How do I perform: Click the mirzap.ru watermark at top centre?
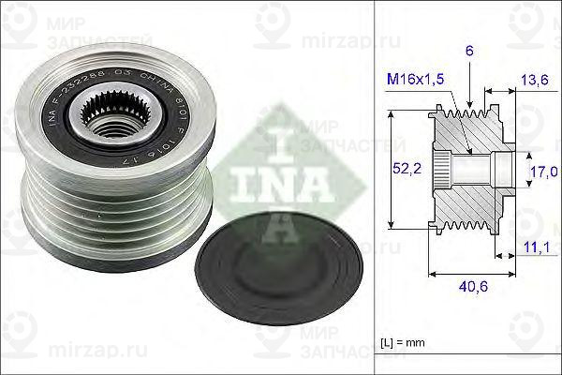pyautogui.click(x=341, y=42)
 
